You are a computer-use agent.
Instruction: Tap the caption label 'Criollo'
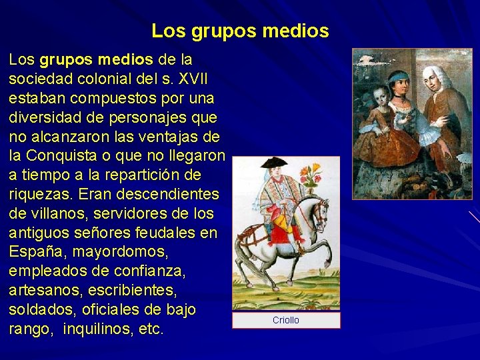tap(286, 321)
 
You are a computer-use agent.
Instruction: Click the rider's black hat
tap(273, 162)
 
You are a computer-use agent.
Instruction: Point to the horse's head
tap(321, 211)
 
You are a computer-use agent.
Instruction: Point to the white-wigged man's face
tap(434, 79)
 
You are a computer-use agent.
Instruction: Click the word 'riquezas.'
tap(38, 195)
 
